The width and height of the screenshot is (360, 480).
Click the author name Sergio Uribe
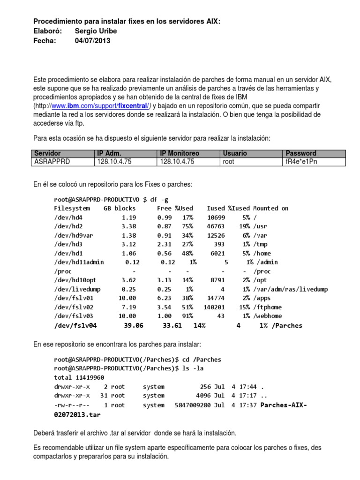point(96,31)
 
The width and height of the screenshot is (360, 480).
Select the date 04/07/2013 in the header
point(93,41)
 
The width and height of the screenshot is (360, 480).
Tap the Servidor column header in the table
point(47,153)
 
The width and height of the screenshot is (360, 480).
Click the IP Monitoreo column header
point(180,153)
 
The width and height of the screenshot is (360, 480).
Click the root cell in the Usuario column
point(229,161)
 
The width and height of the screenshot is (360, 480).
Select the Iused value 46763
point(216,226)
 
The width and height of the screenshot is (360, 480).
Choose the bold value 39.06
point(133,325)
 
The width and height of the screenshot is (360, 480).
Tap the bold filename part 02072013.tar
point(77,414)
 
